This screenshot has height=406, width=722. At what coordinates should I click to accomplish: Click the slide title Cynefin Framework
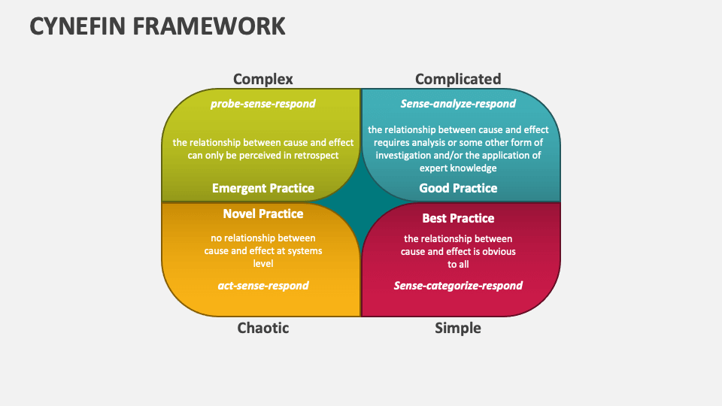(x=158, y=26)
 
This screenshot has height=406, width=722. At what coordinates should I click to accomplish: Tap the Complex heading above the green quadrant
(x=262, y=79)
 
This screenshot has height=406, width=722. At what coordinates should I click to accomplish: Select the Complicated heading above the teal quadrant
(x=457, y=79)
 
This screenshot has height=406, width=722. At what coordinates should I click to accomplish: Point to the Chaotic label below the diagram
(x=262, y=328)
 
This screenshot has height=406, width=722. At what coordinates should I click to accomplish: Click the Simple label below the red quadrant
(x=457, y=328)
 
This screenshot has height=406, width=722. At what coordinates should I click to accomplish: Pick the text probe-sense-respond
(x=262, y=104)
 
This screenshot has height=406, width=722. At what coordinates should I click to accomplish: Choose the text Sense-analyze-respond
(x=458, y=104)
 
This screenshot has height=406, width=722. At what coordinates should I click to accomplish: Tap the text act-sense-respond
(x=262, y=286)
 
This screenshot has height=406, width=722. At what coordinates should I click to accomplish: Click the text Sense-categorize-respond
(x=458, y=286)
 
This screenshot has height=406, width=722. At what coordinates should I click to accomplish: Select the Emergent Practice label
(x=262, y=188)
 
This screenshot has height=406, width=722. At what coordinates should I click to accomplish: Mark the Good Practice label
(x=458, y=188)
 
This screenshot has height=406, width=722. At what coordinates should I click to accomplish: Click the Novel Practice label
(x=262, y=214)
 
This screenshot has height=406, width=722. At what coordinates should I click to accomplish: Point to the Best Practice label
(x=458, y=218)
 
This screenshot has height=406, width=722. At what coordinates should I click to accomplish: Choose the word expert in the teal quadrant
(x=435, y=168)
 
